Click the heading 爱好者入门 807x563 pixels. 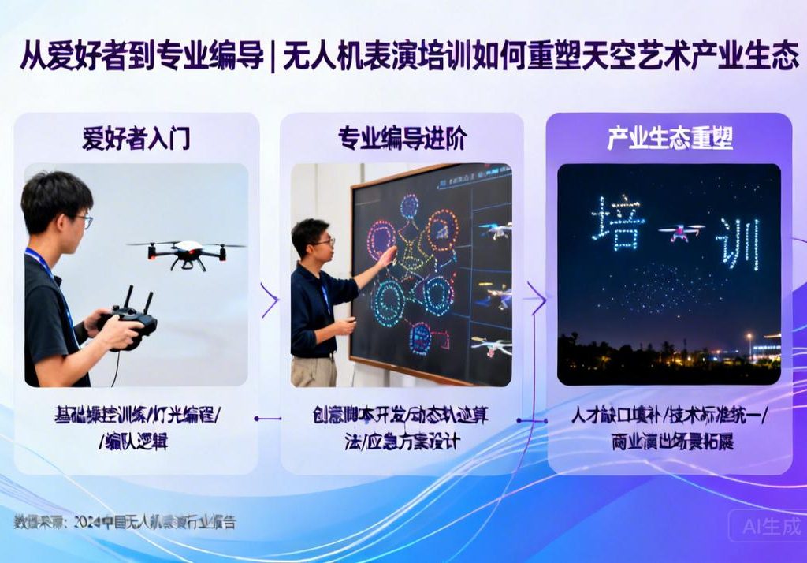(136, 139)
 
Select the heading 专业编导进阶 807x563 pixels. (402, 139)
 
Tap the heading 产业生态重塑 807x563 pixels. (670, 139)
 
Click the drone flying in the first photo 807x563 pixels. (188, 252)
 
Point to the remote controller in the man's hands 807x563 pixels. (130, 315)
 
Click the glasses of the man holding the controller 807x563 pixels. (82, 221)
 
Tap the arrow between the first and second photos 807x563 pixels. (270, 300)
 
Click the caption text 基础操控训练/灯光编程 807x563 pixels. (138, 416)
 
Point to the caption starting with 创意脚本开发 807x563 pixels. (402, 416)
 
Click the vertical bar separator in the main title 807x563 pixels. (273, 58)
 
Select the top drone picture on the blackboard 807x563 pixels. (495, 230)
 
